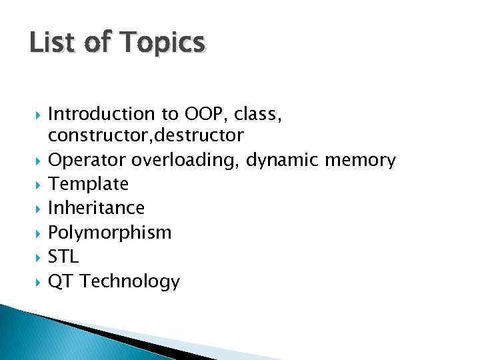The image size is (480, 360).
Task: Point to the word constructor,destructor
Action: (146, 135)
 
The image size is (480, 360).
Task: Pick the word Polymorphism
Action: (110, 233)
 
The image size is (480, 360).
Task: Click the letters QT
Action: (60, 282)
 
